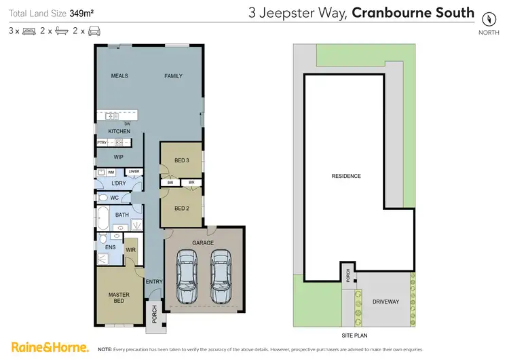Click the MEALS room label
click(x=119, y=76)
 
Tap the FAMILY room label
click(x=173, y=76)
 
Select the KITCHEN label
click(x=119, y=131)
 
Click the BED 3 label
click(x=181, y=160)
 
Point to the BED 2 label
click(x=181, y=208)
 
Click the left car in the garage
click(x=187, y=276)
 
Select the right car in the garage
click(x=221, y=276)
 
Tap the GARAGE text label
click(x=203, y=242)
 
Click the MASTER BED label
click(x=119, y=298)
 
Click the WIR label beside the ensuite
click(x=130, y=249)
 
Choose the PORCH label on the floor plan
click(x=154, y=313)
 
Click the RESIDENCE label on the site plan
click(x=345, y=176)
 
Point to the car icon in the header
click(x=94, y=31)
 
